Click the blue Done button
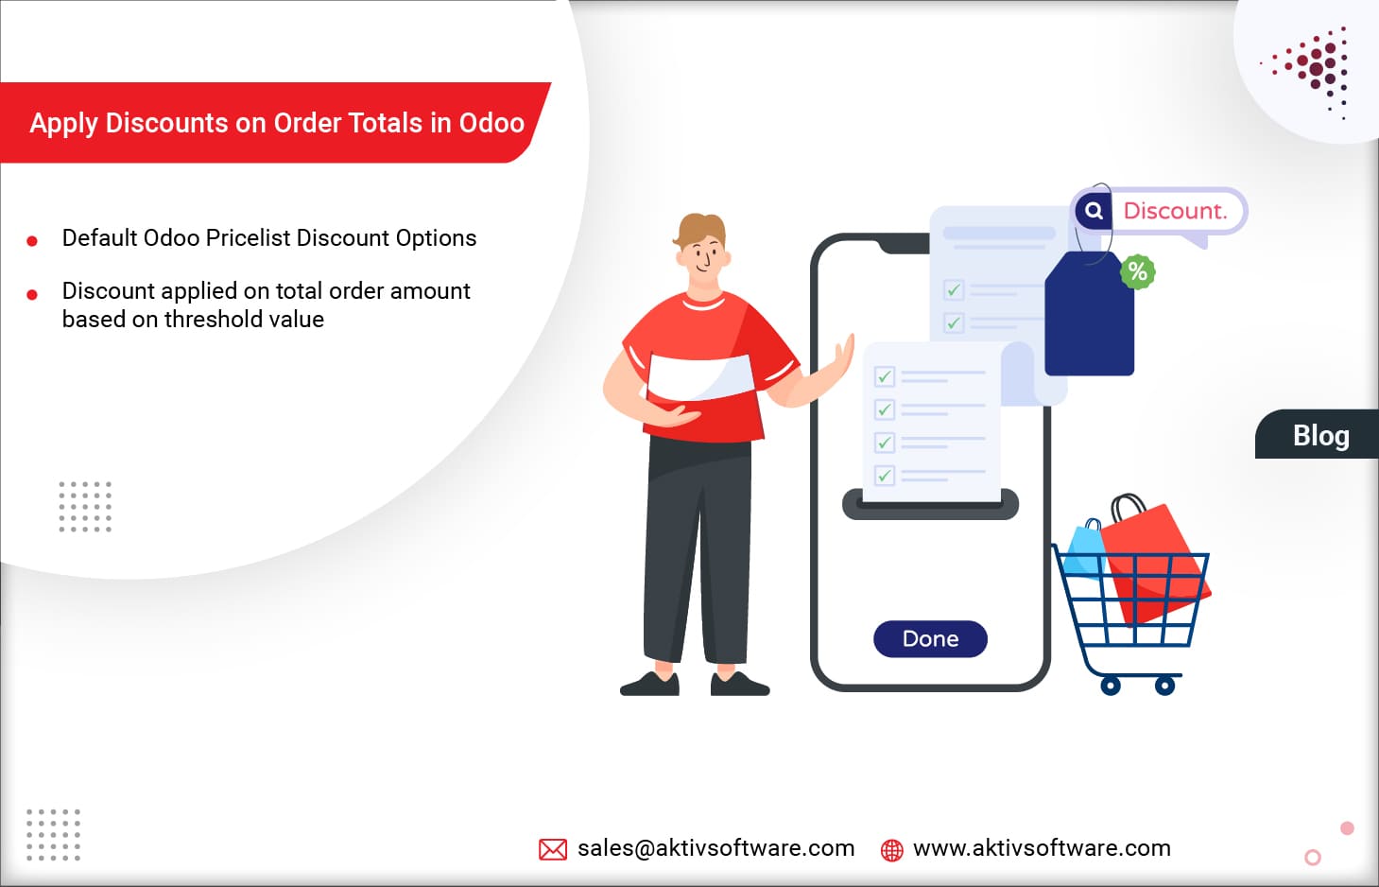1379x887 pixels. pos(930,639)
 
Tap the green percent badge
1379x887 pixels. pos(1137,272)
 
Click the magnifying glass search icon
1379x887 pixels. pos(1094,211)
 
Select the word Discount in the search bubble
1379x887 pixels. pos(1174,211)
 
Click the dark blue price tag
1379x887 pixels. pos(1089,319)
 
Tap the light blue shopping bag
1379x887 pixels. pos(1084,551)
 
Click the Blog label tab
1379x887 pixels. pos(1320,436)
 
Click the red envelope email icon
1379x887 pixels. pos(553,849)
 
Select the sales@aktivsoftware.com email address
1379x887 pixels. pos(715,848)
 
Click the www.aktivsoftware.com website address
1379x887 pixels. pos(1042,848)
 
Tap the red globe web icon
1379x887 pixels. pos(891,850)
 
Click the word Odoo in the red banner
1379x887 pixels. pos(491,123)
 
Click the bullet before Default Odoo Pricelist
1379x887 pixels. pos(32,241)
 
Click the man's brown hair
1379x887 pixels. pos(700,230)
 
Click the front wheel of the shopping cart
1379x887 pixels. pos(1165,686)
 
